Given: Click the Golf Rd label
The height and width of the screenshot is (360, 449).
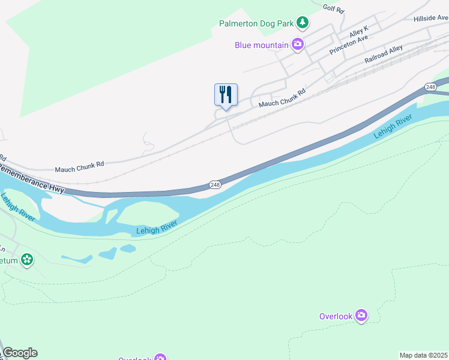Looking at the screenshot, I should pyautogui.click(x=333, y=10).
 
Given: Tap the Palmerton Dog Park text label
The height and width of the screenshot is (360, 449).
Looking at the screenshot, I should pyautogui.click(x=256, y=24).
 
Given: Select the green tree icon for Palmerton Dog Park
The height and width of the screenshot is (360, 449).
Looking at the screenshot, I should pyautogui.click(x=304, y=23).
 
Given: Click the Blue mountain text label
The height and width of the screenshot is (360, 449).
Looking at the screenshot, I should pyautogui.click(x=261, y=44).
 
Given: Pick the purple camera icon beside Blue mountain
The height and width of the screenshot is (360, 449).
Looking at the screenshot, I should pyautogui.click(x=297, y=44).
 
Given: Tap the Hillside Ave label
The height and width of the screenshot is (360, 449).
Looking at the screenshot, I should pyautogui.click(x=430, y=19).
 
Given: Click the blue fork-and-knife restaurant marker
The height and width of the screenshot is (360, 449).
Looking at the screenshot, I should pyautogui.click(x=226, y=95).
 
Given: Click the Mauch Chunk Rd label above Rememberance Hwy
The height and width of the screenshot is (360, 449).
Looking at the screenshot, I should pyautogui.click(x=79, y=163).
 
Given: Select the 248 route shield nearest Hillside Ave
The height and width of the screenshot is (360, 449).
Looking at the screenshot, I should pyautogui.click(x=430, y=87).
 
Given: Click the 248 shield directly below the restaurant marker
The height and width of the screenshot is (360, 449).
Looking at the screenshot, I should pyautogui.click(x=215, y=185).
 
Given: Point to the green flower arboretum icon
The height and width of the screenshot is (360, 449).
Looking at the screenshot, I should pyautogui.click(x=26, y=260).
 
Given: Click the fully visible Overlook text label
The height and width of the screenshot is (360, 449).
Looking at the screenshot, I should pyautogui.click(x=336, y=316).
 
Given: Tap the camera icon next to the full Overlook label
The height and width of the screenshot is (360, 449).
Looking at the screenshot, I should pyautogui.click(x=361, y=316).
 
